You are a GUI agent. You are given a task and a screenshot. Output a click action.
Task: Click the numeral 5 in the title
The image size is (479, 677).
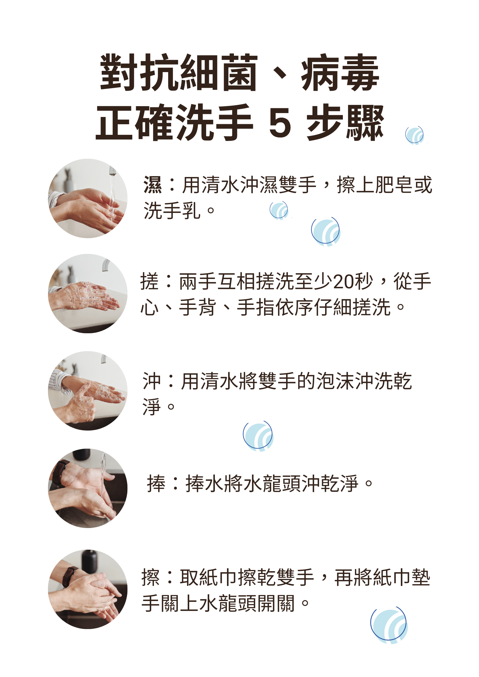click(x=280, y=123)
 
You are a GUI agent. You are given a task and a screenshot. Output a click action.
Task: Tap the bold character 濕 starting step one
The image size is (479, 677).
click(x=152, y=185)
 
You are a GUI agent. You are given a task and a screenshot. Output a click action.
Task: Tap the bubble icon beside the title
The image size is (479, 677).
click(x=414, y=135)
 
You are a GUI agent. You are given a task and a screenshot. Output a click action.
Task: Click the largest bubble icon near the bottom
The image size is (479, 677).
click(x=389, y=625)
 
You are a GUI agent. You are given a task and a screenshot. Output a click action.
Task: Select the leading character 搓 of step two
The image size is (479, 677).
click(x=149, y=281)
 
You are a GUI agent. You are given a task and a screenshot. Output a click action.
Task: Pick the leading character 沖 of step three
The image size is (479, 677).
click(x=152, y=381)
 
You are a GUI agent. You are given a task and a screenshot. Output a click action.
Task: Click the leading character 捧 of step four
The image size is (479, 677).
click(x=156, y=483)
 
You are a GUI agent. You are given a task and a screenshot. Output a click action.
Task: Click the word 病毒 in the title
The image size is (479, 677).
click(x=340, y=73)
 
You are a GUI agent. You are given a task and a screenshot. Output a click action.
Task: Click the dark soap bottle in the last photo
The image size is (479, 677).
click(x=89, y=561)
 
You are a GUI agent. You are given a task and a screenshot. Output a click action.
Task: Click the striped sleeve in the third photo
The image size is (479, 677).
click(x=59, y=381)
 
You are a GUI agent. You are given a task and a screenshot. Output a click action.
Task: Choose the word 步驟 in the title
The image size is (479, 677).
click(x=345, y=123)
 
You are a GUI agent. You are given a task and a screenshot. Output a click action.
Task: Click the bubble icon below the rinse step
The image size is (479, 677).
click(x=258, y=436)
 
